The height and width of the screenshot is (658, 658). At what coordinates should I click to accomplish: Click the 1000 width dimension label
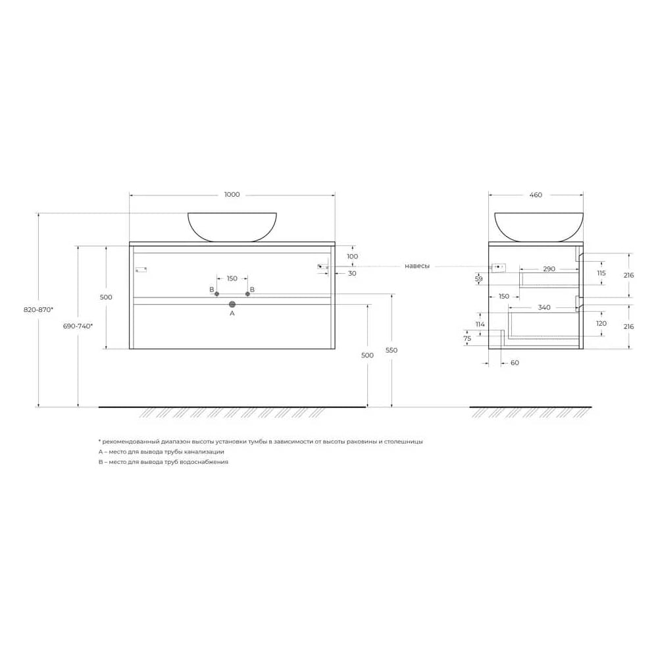click(x=232, y=194)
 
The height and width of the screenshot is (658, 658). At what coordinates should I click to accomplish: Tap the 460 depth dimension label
click(x=536, y=195)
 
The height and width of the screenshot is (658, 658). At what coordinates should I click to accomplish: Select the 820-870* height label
click(x=38, y=310)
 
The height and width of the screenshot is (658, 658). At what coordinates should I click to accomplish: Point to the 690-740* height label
click(x=78, y=326)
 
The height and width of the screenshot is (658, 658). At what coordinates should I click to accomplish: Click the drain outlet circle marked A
click(x=232, y=304)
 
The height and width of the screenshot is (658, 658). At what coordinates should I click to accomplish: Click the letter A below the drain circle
click(x=232, y=313)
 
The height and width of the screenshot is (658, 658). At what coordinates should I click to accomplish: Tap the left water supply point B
click(x=216, y=293)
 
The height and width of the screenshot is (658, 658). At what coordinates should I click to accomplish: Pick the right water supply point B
click(x=247, y=293)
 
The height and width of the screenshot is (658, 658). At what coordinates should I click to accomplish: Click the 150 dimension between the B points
click(x=232, y=278)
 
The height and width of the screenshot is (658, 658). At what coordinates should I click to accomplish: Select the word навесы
click(x=417, y=266)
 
